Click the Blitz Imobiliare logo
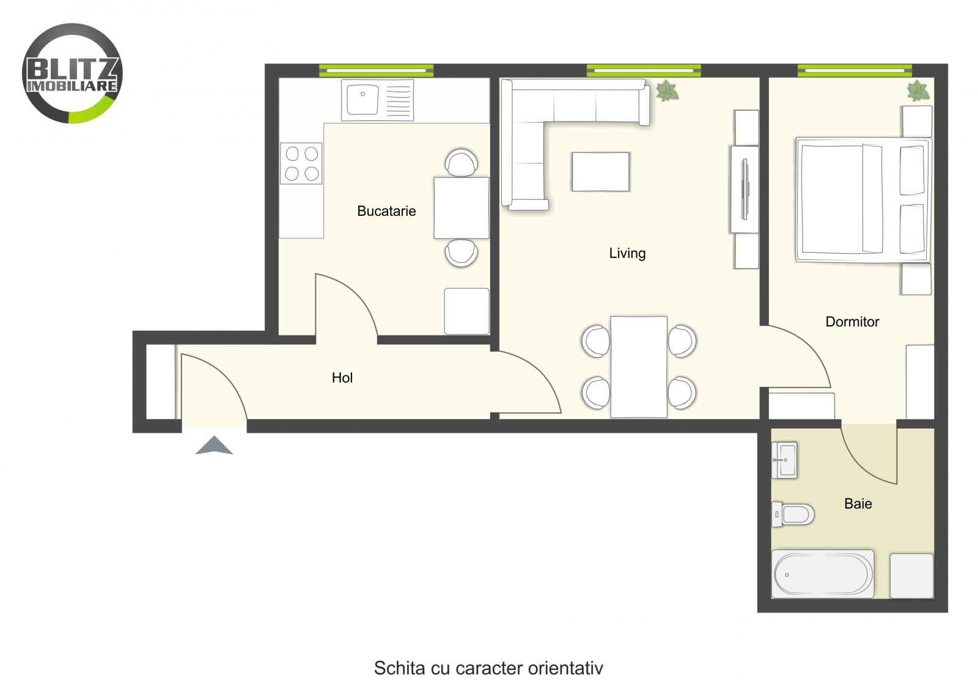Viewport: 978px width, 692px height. [x=72, y=73]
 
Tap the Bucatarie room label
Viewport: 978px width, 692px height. [x=386, y=212]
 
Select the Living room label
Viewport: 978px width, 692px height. [x=627, y=253]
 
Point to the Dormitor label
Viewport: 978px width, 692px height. [x=852, y=322]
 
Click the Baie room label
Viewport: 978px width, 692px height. [x=858, y=504]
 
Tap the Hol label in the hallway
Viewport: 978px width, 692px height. [x=342, y=378]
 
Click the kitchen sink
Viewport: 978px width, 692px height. [x=362, y=100]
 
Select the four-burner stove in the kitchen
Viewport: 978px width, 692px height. [x=301, y=163]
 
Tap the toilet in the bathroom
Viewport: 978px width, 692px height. [x=794, y=514]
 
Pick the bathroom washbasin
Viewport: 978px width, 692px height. [x=784, y=460]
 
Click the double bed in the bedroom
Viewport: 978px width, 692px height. [x=862, y=200]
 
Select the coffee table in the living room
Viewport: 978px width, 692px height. [x=600, y=172]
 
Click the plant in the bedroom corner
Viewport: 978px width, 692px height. [x=917, y=91]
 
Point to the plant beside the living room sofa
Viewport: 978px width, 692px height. [x=667, y=92]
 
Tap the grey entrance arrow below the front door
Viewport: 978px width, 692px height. [x=214, y=446]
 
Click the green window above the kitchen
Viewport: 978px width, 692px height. [x=376, y=70]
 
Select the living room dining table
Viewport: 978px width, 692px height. [x=639, y=366]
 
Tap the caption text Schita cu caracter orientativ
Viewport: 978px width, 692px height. [x=488, y=668]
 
